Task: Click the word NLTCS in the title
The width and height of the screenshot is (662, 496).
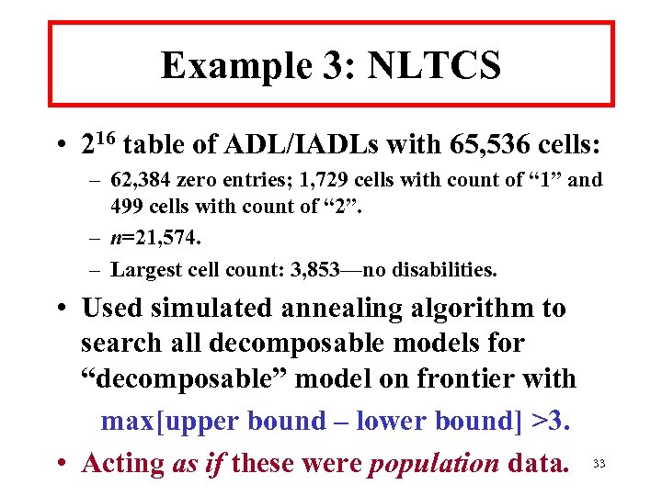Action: pyautogui.click(x=434, y=66)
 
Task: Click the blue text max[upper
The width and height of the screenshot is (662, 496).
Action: pyautogui.click(x=169, y=421)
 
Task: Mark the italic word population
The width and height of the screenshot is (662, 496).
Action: pyautogui.click(x=432, y=463)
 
